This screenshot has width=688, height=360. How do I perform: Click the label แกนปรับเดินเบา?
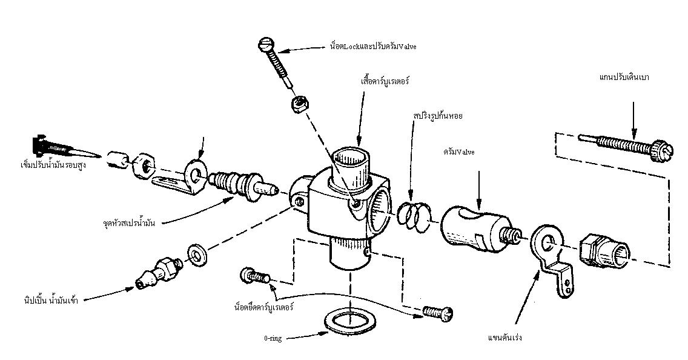pyautogui.click(x=623, y=78)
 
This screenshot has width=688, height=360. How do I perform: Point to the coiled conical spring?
pyautogui.click(x=415, y=215)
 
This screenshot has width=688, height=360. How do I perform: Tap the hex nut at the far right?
pyautogui.click(x=603, y=251)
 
